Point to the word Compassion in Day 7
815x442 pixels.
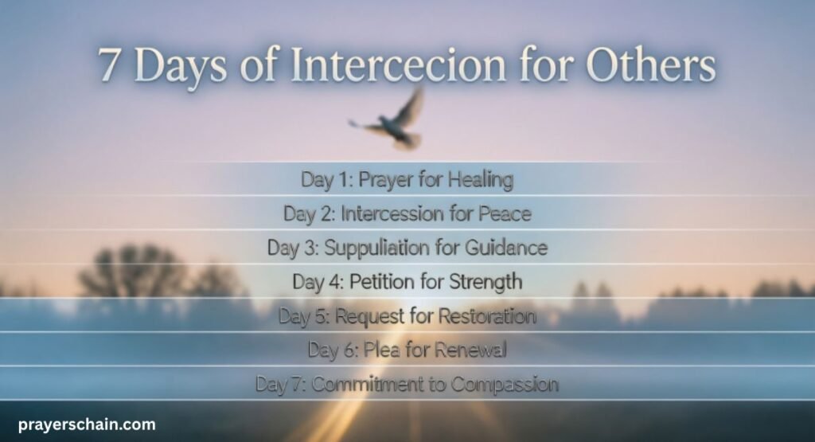click(x=505, y=385)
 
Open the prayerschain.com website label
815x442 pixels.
click(x=86, y=425)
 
